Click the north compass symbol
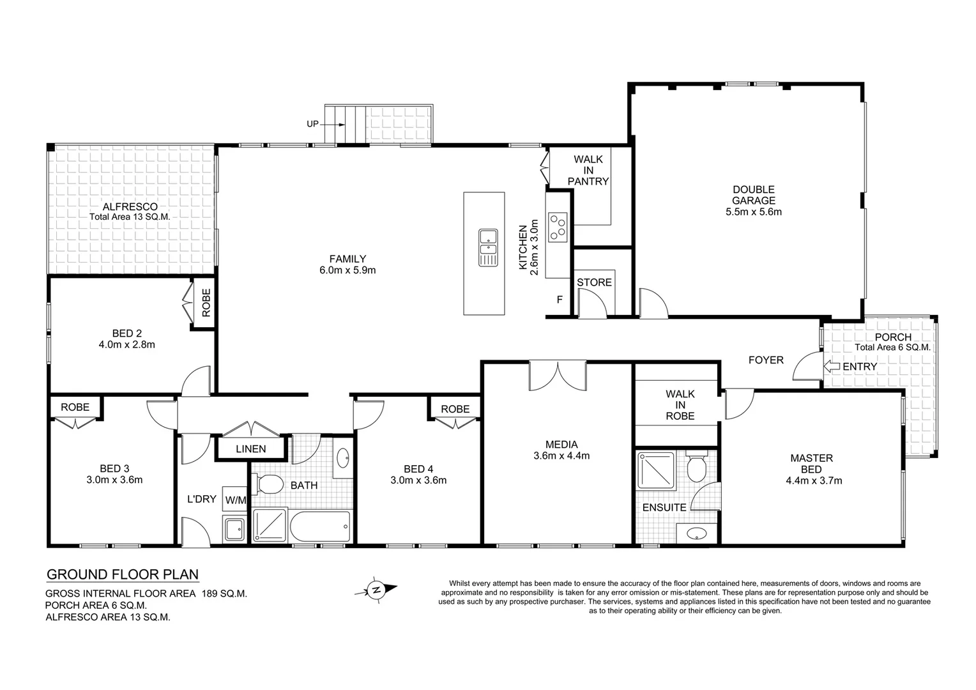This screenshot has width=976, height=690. tap(377, 589)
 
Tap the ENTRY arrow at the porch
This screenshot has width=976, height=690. tap(832, 366)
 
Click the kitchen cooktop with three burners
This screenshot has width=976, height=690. tap(558, 226)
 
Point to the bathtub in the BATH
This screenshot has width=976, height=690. tap(320, 527)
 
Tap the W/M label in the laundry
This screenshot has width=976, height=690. tap(234, 500)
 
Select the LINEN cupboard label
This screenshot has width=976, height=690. tap(250, 448)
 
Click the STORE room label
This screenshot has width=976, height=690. tap(594, 282)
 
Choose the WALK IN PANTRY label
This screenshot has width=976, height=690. tap(588, 170)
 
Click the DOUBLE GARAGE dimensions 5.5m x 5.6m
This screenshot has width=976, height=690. tap(754, 211)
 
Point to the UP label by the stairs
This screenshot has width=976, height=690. tap(312, 124)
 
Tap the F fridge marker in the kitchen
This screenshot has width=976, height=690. tap(560, 299)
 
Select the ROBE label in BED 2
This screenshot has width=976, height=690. tap(206, 303)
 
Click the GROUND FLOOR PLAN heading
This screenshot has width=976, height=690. tap(123, 574)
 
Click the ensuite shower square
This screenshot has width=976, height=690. tap(656, 471)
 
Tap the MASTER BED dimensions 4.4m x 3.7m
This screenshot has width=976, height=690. tap(811, 480)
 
